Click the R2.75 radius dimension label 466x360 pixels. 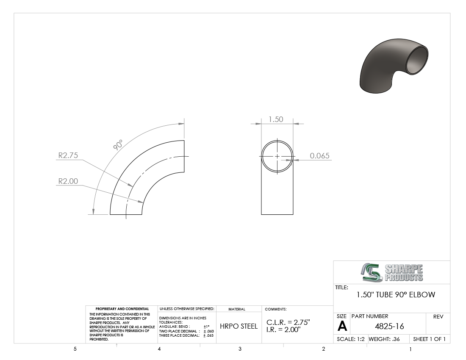pyautogui.click(x=68, y=155)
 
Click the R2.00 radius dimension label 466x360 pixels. pyautogui.click(x=68, y=181)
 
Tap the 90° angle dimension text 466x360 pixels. pyautogui.click(x=118, y=145)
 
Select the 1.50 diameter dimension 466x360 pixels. pyautogui.click(x=276, y=119)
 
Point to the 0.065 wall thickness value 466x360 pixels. pyautogui.click(x=320, y=155)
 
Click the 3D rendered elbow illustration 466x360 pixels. pyautogui.click(x=394, y=66)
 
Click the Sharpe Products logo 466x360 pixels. pyautogui.click(x=392, y=272)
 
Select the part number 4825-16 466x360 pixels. pyautogui.click(x=389, y=327)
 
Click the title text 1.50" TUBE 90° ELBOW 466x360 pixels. pyautogui.click(x=396, y=295)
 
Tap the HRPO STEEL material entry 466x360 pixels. pyautogui.click(x=239, y=326)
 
